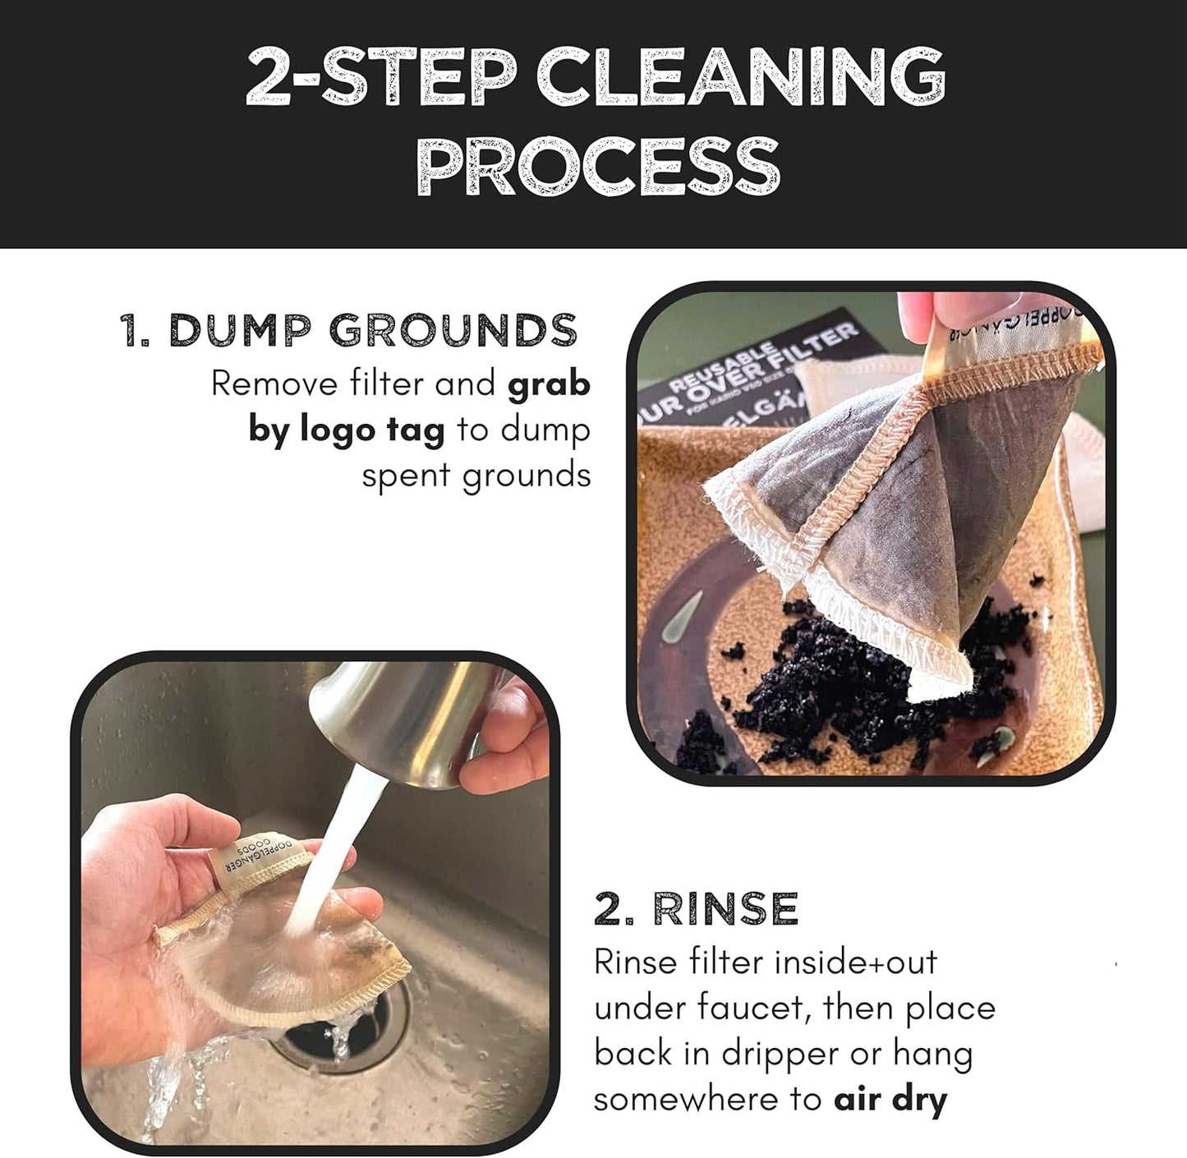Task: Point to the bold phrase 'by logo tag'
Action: pos(347,430)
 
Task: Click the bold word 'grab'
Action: pos(549,384)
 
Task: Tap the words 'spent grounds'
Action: pos(476,476)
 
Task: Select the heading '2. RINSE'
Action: pos(696,908)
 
